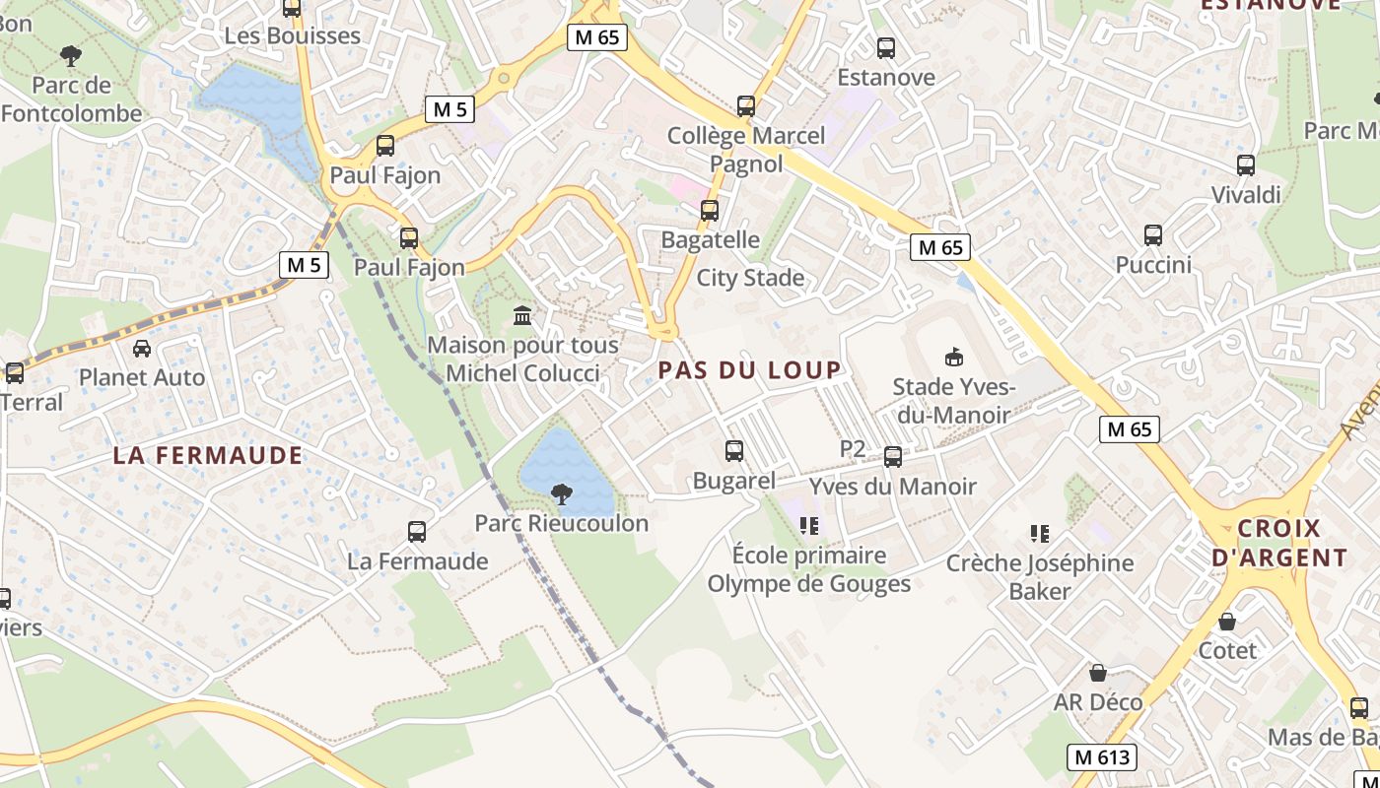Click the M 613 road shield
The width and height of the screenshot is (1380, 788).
click(x=1102, y=757)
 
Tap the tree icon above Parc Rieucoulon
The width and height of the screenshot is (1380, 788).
click(x=562, y=493)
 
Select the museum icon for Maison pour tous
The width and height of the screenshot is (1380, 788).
click(x=522, y=315)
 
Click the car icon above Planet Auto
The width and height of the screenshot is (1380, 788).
click(x=142, y=348)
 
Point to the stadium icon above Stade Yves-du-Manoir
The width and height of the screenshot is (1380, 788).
click(x=953, y=357)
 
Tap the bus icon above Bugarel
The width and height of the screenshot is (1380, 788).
click(x=734, y=451)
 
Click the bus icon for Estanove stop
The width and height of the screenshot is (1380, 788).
click(x=886, y=47)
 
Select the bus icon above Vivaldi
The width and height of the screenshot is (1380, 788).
click(x=1246, y=165)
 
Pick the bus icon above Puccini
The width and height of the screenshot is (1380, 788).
click(x=1153, y=235)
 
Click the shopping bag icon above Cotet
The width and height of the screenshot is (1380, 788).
click(x=1227, y=622)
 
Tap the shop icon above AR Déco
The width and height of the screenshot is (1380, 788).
click(x=1098, y=673)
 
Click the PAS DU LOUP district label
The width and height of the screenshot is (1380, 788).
click(x=750, y=370)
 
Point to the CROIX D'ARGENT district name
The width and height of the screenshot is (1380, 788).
click(x=1278, y=543)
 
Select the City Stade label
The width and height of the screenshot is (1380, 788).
click(x=750, y=278)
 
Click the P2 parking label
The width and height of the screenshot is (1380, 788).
click(x=853, y=449)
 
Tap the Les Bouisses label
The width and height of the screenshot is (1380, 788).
click(x=293, y=36)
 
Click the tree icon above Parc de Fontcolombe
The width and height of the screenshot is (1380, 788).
click(x=71, y=55)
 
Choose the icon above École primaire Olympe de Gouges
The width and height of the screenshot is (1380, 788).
click(x=810, y=526)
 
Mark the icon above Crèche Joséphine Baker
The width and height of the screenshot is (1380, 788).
click(x=1039, y=534)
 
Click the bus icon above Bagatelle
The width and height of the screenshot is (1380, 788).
click(x=710, y=210)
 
